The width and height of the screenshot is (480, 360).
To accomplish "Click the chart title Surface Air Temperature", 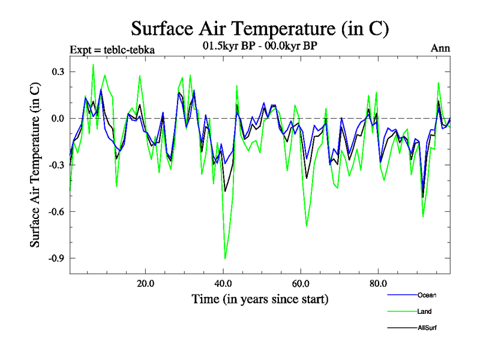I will (260, 29).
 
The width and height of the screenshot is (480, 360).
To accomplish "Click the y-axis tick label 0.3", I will (57, 71).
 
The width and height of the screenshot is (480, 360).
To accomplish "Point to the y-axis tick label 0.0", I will (57, 118).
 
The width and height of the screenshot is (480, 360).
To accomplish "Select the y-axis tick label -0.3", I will (56, 165).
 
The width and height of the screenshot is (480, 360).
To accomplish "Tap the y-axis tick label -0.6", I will (56, 211).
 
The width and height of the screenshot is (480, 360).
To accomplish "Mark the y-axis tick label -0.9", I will (56, 258).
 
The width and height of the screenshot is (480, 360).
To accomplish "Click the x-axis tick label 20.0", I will (146, 283).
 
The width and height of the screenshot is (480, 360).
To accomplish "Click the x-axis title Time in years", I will (260, 299).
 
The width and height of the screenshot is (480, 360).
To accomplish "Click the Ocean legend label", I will (427, 295).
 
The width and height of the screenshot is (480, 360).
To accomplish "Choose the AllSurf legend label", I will (427, 328).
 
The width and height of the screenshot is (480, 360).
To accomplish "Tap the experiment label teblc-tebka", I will (112, 49).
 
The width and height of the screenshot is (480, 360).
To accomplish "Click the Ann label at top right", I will (440, 49).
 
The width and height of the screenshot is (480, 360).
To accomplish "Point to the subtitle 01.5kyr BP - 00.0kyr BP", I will (260, 44).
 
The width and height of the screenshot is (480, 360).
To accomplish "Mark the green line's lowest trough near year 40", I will (225, 259).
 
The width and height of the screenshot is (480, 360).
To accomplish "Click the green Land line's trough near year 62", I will (307, 226).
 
